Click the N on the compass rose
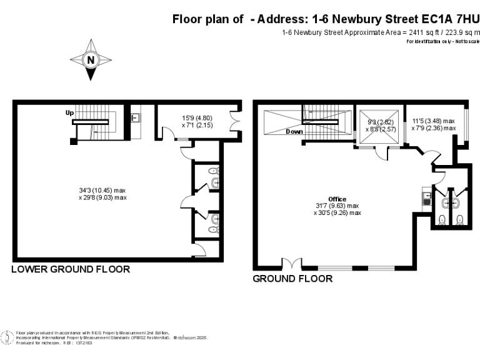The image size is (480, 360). coord(91,60)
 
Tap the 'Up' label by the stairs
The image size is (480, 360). coord(70,113)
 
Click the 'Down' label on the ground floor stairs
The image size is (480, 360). coord(294,132)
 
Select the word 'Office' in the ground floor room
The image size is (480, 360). coord(337,199)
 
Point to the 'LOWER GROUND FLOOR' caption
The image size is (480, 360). coord(71,269)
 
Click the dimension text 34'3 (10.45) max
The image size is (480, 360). coord(102,190)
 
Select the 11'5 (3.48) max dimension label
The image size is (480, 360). coord(433,121)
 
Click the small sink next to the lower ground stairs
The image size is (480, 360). coord(135,117)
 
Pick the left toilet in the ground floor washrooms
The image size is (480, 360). coord(442,219)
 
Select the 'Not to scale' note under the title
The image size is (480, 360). coord(464,41)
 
